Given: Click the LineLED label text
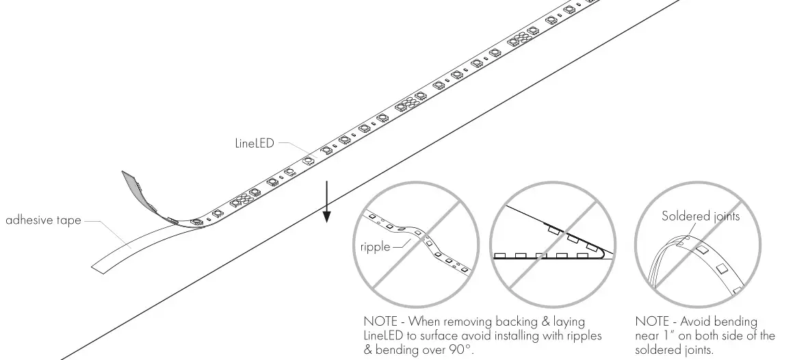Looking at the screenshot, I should click(x=254, y=144).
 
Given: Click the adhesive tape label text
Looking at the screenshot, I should click(x=43, y=220).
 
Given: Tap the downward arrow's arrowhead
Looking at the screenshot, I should click(x=327, y=217).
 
